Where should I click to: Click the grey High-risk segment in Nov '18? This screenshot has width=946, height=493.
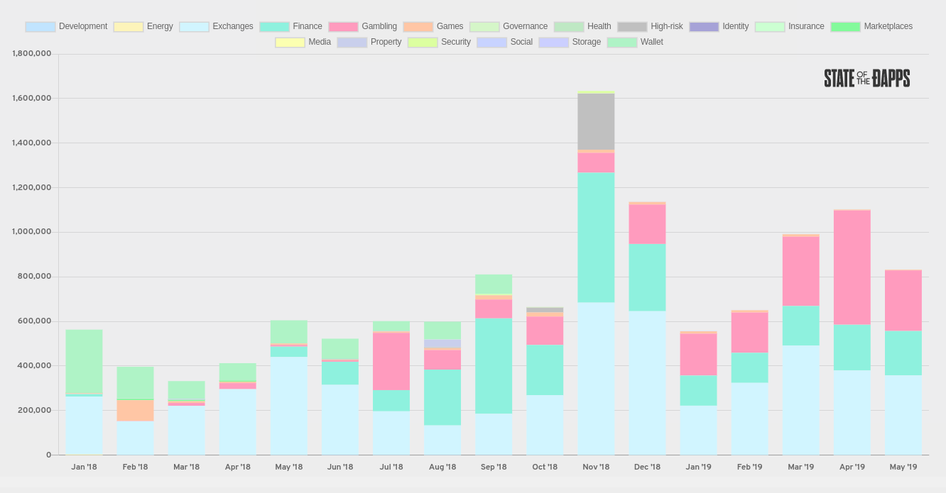[x=596, y=121]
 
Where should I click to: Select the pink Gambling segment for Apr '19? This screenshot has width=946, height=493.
[x=852, y=267]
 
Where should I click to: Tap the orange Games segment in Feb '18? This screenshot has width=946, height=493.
[x=135, y=410]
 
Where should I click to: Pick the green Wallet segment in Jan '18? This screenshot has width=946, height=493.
[x=84, y=362]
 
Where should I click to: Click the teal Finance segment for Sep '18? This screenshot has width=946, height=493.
[x=494, y=365]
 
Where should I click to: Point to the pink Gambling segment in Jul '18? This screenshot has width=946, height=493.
[x=391, y=362]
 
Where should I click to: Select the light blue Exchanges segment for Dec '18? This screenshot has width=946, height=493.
[x=647, y=383]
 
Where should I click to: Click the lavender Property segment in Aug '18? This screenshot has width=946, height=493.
[x=442, y=344]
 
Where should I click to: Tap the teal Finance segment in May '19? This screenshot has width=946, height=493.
[x=903, y=353]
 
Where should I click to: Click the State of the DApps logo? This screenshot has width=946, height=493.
[x=867, y=79]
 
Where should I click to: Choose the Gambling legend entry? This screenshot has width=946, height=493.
[x=363, y=26]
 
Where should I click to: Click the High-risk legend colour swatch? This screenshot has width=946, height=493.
[x=632, y=26]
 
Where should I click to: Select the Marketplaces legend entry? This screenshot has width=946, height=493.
[x=871, y=26]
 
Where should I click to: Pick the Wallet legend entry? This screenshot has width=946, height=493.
[x=635, y=42]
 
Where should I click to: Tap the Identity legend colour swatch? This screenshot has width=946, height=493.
[x=704, y=26]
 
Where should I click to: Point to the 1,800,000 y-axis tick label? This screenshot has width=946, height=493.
[x=32, y=54]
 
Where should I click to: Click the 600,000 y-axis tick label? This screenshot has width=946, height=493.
[x=34, y=321]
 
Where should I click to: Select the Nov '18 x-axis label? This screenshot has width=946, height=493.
[x=596, y=467]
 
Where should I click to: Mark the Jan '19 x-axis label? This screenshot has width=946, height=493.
[x=699, y=467]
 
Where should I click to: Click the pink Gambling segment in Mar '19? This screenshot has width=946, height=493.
[x=800, y=271]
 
